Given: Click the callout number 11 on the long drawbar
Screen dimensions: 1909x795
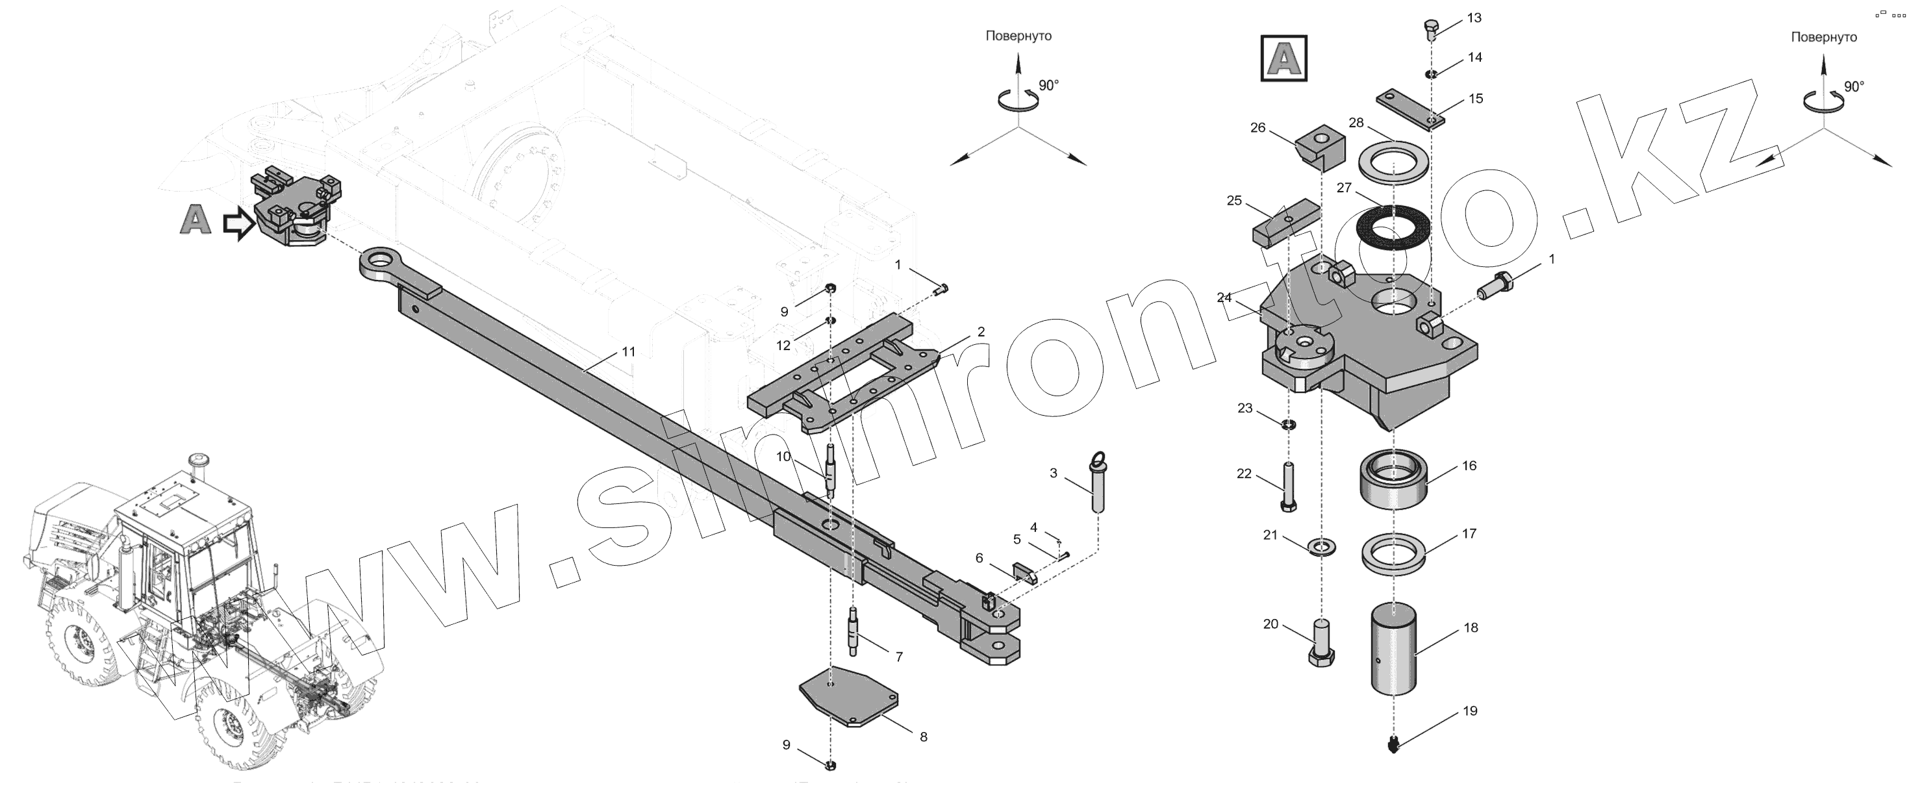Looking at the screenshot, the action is coord(628,352).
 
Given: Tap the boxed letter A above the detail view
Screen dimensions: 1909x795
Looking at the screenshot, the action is coord(1284,58).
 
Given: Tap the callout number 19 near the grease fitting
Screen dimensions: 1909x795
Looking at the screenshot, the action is coord(1469,711).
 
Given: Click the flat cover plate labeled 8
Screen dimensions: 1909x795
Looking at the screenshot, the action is coord(848,703).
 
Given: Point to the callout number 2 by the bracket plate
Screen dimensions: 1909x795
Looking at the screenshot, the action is coord(981,332).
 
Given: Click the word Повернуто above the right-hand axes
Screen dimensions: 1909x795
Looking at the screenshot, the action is coord(1824,37).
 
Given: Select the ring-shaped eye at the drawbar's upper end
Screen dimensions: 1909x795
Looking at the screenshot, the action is coord(383,264).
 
